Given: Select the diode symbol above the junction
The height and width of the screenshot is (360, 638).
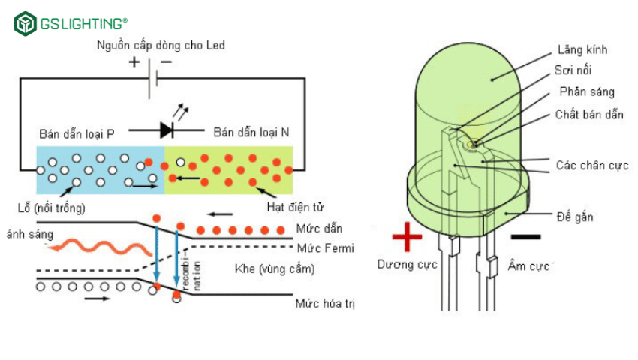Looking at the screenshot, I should (x=167, y=129).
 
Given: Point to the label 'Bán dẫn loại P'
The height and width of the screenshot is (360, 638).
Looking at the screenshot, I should (x=77, y=134).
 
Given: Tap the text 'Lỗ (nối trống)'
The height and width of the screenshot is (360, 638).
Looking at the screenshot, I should (x=50, y=207).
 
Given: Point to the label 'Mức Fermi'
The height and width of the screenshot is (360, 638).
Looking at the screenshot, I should (x=324, y=248).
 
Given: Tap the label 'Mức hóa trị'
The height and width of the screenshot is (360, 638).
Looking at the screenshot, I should (x=324, y=304).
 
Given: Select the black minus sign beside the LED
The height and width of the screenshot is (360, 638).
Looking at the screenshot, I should (x=525, y=237).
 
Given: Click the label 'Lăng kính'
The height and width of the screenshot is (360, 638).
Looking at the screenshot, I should (x=582, y=50).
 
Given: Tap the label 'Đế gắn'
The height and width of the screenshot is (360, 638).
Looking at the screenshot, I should (x=575, y=217).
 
